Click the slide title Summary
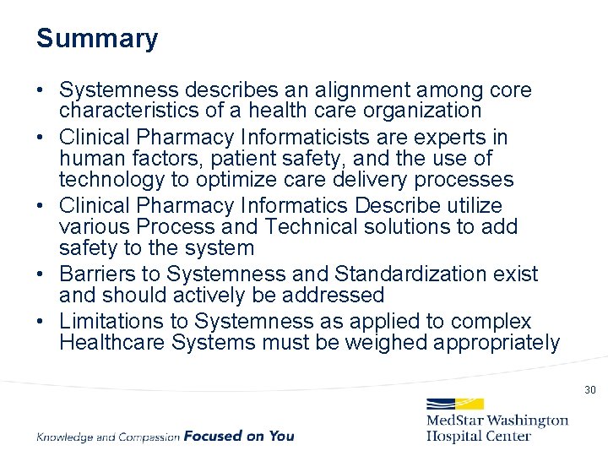tap(97, 39)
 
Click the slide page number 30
tap(589, 390)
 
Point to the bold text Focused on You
tap(239, 436)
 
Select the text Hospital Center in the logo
tap(479, 436)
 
